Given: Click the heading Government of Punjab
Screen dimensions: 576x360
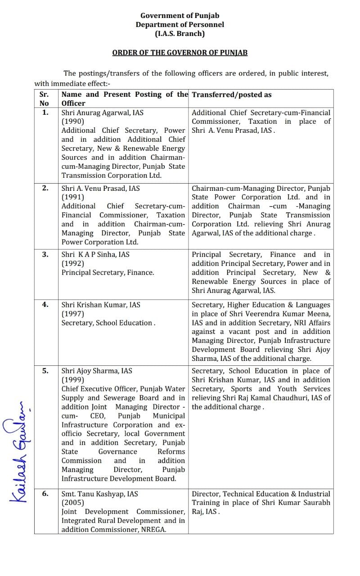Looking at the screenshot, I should click(180, 16).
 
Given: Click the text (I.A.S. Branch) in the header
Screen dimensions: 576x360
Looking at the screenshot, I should click(180, 33).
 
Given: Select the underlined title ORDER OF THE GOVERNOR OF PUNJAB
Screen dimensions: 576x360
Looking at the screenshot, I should click(180, 53).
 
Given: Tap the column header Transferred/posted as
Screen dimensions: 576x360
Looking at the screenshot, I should click(232, 94).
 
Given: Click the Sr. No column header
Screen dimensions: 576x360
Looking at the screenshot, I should click(45, 99).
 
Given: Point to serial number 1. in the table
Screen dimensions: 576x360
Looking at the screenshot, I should click(45, 112).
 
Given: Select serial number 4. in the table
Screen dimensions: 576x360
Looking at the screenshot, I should click(45, 305).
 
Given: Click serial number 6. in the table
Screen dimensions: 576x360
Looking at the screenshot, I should click(45, 494).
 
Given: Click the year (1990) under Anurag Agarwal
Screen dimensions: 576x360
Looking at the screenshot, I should click(73, 121).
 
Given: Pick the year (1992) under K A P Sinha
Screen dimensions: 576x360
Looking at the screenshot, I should click(73, 263).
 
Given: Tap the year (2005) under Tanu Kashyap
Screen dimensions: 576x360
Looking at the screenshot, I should click(73, 503).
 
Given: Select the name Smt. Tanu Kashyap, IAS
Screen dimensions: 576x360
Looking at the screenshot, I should click(99, 494).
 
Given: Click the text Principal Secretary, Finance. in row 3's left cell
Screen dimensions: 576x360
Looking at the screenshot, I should click(108, 272).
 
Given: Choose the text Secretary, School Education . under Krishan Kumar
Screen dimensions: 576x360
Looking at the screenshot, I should click(108, 323).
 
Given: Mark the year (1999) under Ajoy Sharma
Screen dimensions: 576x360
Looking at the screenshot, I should click(73, 380).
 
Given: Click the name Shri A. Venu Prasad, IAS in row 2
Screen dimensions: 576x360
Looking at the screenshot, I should click(101, 188).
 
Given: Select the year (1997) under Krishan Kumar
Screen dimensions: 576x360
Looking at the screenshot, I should click(73, 314).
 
